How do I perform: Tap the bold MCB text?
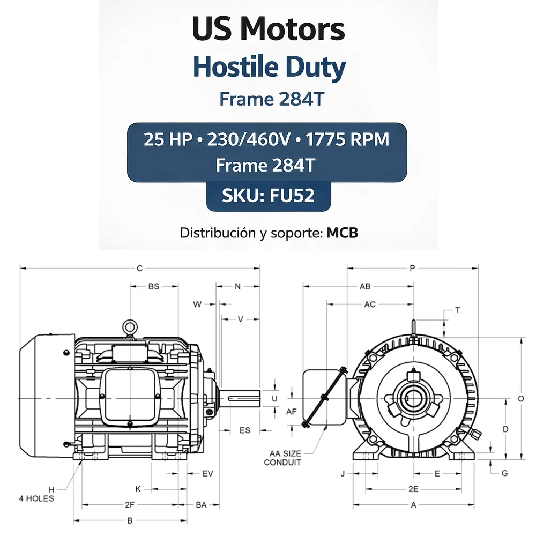(342, 233)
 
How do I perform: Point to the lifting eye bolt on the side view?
(129, 327)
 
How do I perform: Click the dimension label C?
(139, 268)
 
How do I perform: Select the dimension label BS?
(154, 287)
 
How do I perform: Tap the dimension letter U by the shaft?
(275, 399)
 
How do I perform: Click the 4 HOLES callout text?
(36, 498)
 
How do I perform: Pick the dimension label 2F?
(130, 505)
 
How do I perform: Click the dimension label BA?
(202, 505)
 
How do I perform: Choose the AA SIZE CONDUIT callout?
(282, 458)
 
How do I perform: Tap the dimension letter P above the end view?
(412, 268)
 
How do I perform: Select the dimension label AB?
(365, 287)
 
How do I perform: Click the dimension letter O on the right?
(520, 399)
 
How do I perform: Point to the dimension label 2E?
(413, 489)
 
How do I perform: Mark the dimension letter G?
(504, 473)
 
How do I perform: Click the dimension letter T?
(457, 310)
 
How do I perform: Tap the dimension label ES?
(244, 430)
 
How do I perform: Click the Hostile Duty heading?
(269, 68)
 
